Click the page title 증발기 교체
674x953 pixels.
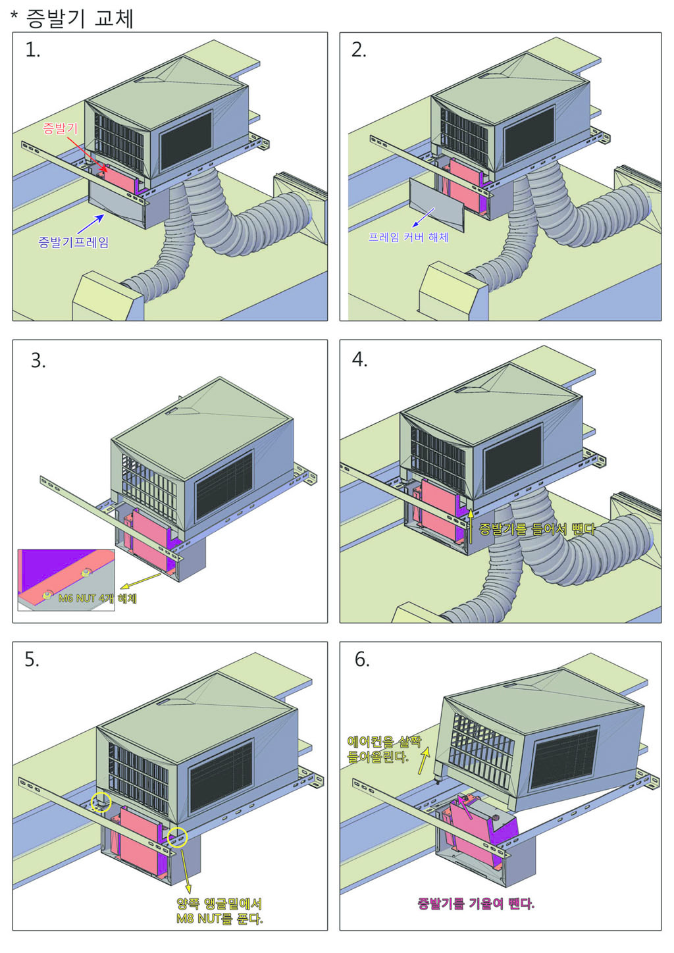coord(80,18)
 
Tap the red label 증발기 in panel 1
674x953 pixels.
coord(60,128)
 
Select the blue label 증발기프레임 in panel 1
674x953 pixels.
coord(74,242)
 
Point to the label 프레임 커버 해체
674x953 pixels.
coord(409,236)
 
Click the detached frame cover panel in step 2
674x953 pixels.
coord(436,203)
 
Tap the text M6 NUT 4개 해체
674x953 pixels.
coord(97,598)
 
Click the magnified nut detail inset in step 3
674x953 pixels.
coord(66,579)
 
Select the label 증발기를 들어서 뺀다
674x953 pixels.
coord(536,529)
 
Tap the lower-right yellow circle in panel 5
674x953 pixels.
coord(178,837)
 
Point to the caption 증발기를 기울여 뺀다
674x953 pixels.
coord(476,903)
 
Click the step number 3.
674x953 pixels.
coord(38,361)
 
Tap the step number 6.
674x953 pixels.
coord(362,659)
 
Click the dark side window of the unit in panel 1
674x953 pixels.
coord(186,140)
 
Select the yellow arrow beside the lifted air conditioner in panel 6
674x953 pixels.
coord(424,761)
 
